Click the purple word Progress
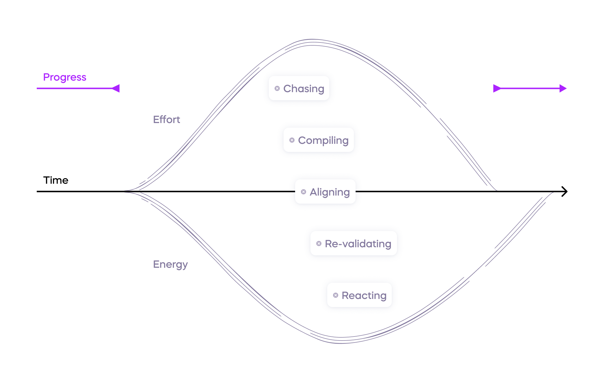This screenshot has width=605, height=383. [65, 77]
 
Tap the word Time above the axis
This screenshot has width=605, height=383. [56, 180]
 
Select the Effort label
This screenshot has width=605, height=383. [166, 120]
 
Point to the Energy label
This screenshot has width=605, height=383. [170, 264]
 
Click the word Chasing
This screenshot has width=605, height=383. [304, 89]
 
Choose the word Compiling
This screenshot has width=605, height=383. [323, 140]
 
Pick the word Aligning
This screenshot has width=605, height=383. [330, 192]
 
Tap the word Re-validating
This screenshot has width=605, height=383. [358, 244]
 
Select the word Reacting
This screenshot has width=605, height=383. [364, 295]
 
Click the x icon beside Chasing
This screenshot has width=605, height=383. [277, 88]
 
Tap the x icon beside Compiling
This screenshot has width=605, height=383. [292, 140]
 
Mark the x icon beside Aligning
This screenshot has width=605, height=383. [304, 192]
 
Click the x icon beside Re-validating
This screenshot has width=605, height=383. [319, 243]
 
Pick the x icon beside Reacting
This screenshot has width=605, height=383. [336, 295]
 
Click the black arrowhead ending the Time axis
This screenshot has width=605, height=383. [564, 191]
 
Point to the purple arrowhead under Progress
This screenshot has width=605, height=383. [116, 88]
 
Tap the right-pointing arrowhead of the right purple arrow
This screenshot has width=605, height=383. [563, 88]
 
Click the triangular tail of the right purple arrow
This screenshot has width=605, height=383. [496, 88]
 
